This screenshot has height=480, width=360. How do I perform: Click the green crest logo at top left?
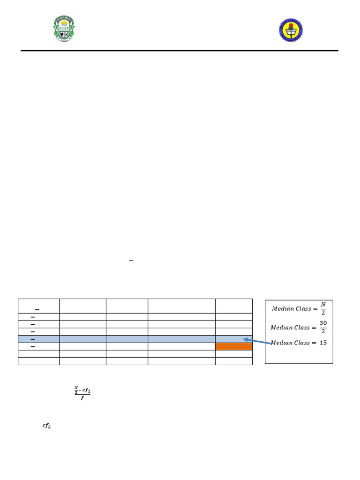click(x=63, y=29)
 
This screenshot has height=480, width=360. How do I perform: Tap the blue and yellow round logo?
click(x=291, y=30)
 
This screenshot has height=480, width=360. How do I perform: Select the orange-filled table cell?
click(x=233, y=346)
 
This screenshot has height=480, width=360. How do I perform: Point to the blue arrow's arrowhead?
click(x=245, y=339)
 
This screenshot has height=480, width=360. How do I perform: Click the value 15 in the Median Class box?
click(x=323, y=343)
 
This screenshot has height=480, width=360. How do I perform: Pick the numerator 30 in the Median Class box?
click(x=323, y=323)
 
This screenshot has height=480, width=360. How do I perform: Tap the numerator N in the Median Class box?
click(x=323, y=305)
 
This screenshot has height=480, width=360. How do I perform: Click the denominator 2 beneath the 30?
click(x=323, y=331)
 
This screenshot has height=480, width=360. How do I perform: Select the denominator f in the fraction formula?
click(x=82, y=397)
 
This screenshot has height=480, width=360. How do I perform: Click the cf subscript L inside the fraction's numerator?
click(x=85, y=390)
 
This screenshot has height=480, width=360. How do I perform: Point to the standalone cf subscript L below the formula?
click(x=46, y=426)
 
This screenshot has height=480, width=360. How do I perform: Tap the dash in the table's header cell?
click(x=37, y=310)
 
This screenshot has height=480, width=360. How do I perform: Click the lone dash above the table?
click(x=131, y=260)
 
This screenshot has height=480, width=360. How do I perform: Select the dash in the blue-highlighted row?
click(x=33, y=339)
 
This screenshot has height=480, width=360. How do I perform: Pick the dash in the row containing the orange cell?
click(x=33, y=346)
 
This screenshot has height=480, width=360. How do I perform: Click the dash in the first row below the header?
click(x=33, y=317)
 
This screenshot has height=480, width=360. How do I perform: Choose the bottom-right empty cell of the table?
click(x=233, y=361)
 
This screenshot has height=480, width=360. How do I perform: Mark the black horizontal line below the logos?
click(x=180, y=51)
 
